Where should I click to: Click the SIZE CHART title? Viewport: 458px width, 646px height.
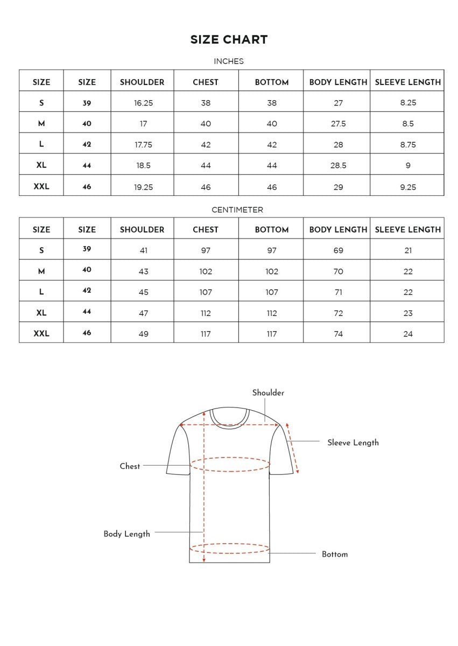[229, 39]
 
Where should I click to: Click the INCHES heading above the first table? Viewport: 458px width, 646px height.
[229, 61]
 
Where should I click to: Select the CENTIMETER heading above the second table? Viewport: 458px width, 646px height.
[237, 209]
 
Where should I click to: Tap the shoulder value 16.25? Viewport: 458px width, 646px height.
[143, 103]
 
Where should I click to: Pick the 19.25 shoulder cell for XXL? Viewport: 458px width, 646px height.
[143, 187]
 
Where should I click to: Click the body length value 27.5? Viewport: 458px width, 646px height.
[338, 124]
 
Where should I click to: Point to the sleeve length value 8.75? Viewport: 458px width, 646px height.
[408, 145]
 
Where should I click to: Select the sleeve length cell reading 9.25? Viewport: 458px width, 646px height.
[408, 187]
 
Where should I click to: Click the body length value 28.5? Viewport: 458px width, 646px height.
[338, 166]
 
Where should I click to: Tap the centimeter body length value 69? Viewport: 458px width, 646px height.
[338, 250]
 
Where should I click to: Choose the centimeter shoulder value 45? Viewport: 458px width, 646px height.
[143, 292]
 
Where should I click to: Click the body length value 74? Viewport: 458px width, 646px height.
[338, 334]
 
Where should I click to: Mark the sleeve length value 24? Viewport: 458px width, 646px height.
[408, 334]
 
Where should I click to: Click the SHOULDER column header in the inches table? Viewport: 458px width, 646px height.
[142, 82]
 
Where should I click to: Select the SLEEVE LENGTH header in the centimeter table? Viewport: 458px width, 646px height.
[408, 230]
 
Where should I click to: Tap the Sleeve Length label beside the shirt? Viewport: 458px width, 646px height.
[353, 443]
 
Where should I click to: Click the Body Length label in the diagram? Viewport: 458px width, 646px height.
[126, 534]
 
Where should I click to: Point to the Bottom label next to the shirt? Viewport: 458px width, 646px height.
[335, 554]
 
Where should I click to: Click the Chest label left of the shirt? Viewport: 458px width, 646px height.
[130, 466]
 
